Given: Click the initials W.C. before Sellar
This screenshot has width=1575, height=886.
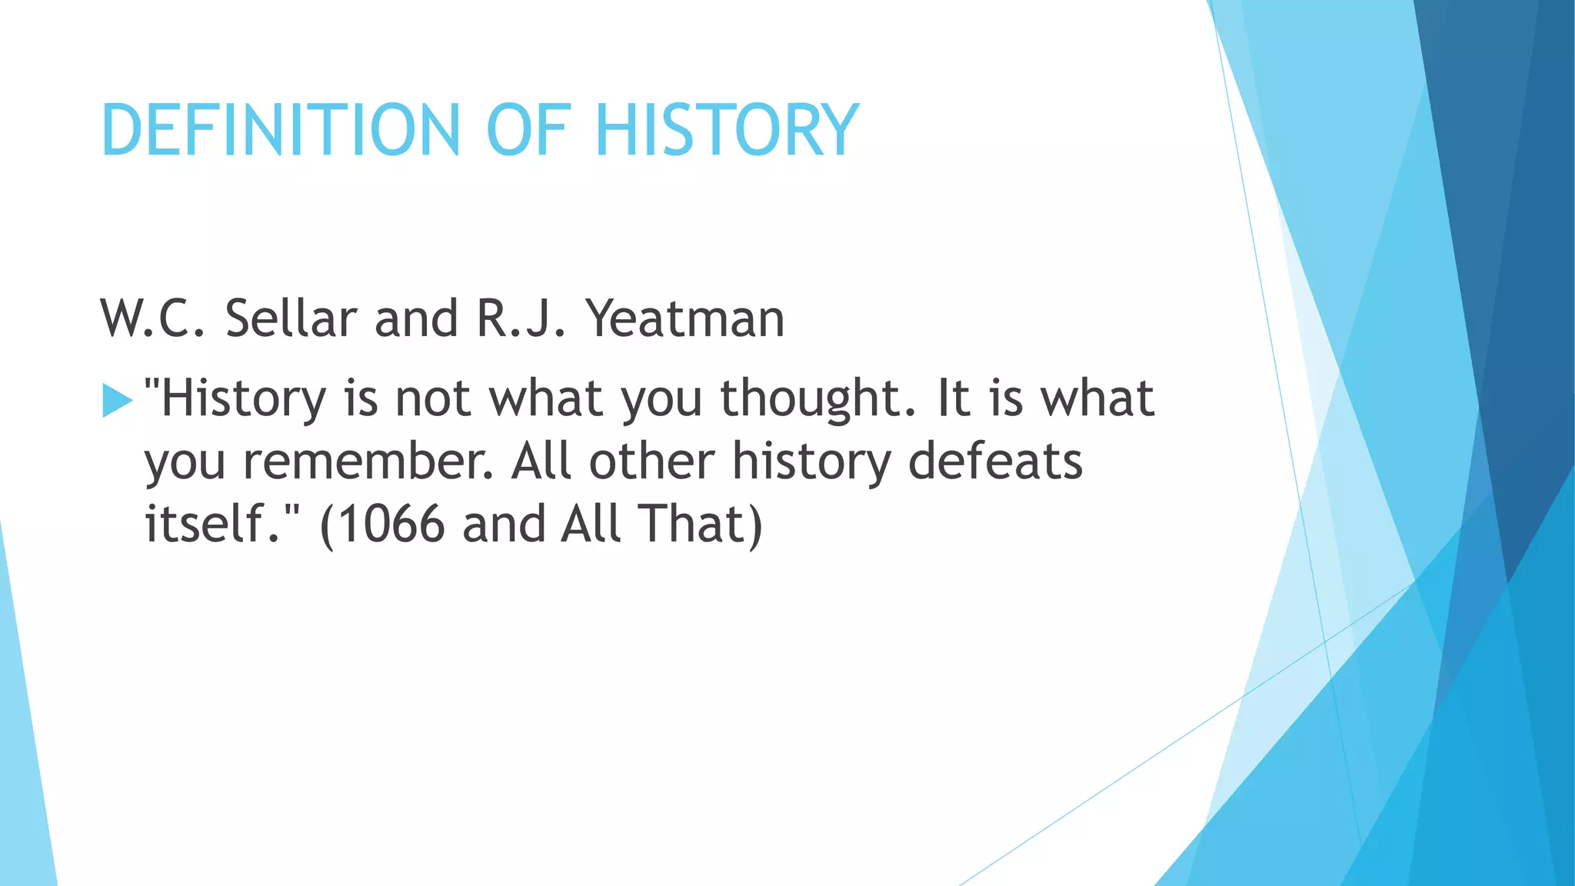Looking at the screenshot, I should pos(153,318).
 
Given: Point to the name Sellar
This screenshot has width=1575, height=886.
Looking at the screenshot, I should pos(291,318).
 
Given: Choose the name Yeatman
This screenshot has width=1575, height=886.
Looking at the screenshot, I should pos(684,318).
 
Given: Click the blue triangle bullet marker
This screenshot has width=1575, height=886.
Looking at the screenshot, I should pos(117,401).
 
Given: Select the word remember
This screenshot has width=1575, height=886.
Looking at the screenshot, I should pos(368,461).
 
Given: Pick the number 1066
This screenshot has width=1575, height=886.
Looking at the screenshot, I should pos(391,525).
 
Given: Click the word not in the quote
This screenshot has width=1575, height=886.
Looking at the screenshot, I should pos(432,398).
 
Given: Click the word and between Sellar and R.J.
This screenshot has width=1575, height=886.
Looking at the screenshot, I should pos(416,318).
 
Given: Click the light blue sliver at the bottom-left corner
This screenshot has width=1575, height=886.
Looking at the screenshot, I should pos(23,769).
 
